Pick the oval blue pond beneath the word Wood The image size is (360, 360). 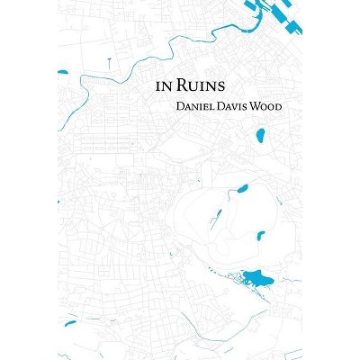click(x=259, y=137)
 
